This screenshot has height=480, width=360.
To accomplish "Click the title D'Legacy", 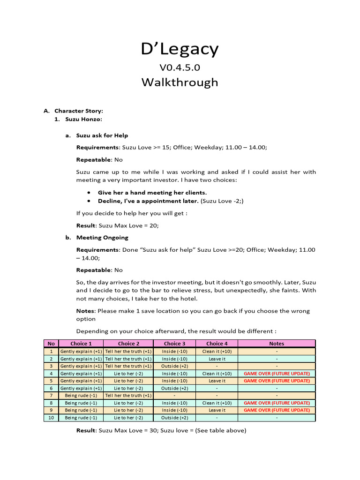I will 180,49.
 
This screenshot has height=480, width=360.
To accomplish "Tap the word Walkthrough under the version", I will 180,82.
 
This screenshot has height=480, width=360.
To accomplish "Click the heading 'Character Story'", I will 78,111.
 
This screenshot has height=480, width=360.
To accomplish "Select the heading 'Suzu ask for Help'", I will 102,135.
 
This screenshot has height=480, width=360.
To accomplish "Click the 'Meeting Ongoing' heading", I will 102,238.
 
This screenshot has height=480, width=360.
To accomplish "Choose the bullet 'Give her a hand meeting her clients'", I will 152,193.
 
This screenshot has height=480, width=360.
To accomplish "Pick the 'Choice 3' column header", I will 174,344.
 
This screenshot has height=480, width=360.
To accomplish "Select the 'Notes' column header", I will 277,344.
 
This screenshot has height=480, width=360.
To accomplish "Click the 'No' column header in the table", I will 51,344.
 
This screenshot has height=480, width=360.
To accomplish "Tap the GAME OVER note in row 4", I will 277,374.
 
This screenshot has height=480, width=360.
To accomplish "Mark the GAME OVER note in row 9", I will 277,410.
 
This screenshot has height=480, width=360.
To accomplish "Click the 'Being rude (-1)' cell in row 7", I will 81,396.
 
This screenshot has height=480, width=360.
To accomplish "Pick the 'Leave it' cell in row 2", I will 217,359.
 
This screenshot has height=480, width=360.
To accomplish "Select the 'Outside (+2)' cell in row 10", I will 174,418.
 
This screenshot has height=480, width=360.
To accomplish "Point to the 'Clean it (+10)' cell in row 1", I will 217,351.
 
